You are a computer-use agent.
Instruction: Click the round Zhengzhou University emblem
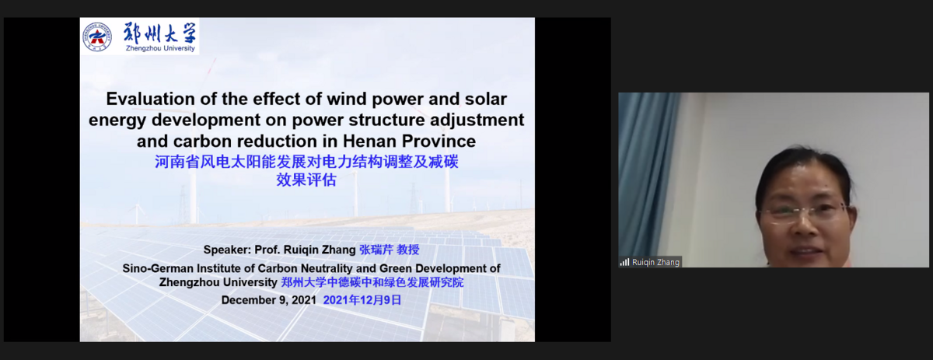tap(97, 37)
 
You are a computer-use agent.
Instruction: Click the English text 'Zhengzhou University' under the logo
tap(160, 48)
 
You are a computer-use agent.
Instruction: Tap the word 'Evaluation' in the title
tap(150, 100)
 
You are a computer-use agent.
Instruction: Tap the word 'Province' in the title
tap(439, 142)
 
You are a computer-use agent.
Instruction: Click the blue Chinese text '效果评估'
tap(306, 180)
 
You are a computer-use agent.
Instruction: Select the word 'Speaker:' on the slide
tap(227, 250)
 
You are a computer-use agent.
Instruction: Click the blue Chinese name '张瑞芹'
tap(376, 250)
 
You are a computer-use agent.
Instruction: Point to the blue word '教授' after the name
tap(408, 250)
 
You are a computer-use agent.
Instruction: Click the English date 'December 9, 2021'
tap(269, 300)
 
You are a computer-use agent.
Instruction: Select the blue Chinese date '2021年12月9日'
tap(362, 300)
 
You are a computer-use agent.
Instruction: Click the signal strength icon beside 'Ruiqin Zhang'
tap(624, 262)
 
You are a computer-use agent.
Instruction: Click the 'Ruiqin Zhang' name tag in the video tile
tap(650, 262)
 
